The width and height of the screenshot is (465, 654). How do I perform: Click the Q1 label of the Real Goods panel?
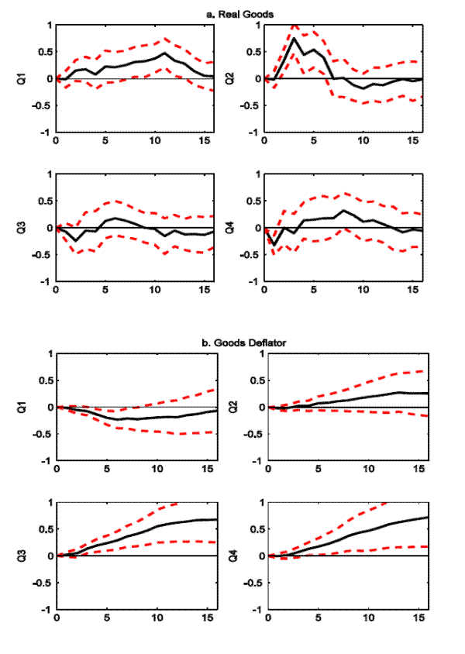[29, 78]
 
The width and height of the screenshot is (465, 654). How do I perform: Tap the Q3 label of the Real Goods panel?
[29, 227]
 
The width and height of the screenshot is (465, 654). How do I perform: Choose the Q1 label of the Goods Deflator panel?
[29, 407]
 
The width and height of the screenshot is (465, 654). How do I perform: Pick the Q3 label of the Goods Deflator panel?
[29, 556]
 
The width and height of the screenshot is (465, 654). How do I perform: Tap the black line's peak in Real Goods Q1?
[165, 53]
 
